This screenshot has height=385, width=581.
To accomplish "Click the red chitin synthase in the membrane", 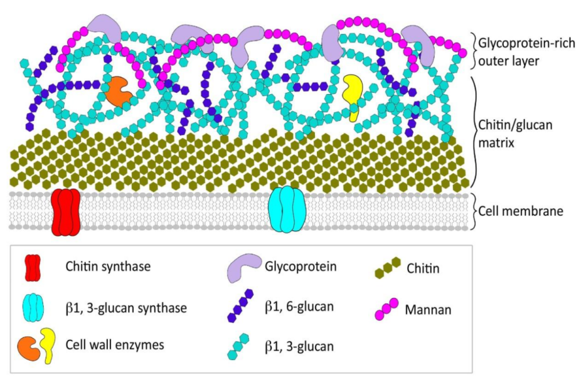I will click(x=66, y=213).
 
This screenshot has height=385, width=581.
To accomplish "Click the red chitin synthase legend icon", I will click(x=33, y=268).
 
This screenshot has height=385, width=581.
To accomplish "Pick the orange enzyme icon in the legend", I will click(x=29, y=349).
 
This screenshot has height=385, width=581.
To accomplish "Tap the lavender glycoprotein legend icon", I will click(x=243, y=268).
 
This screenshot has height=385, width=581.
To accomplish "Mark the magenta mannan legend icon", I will click(x=387, y=308).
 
